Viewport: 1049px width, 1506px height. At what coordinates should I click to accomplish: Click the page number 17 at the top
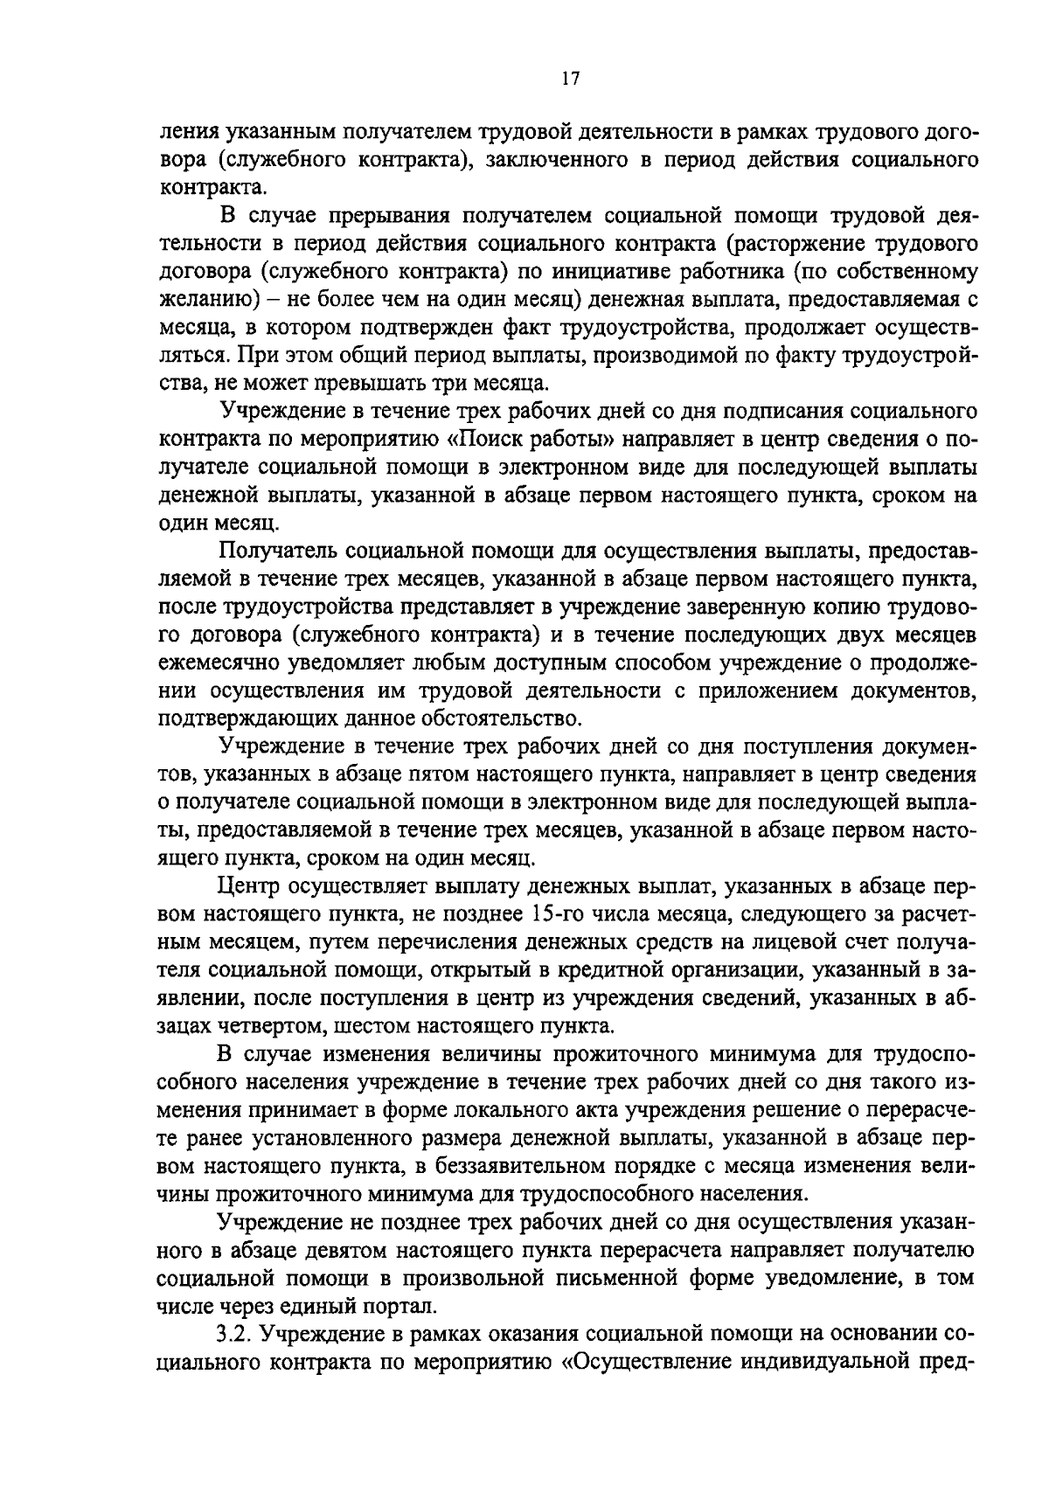[x=569, y=80]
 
